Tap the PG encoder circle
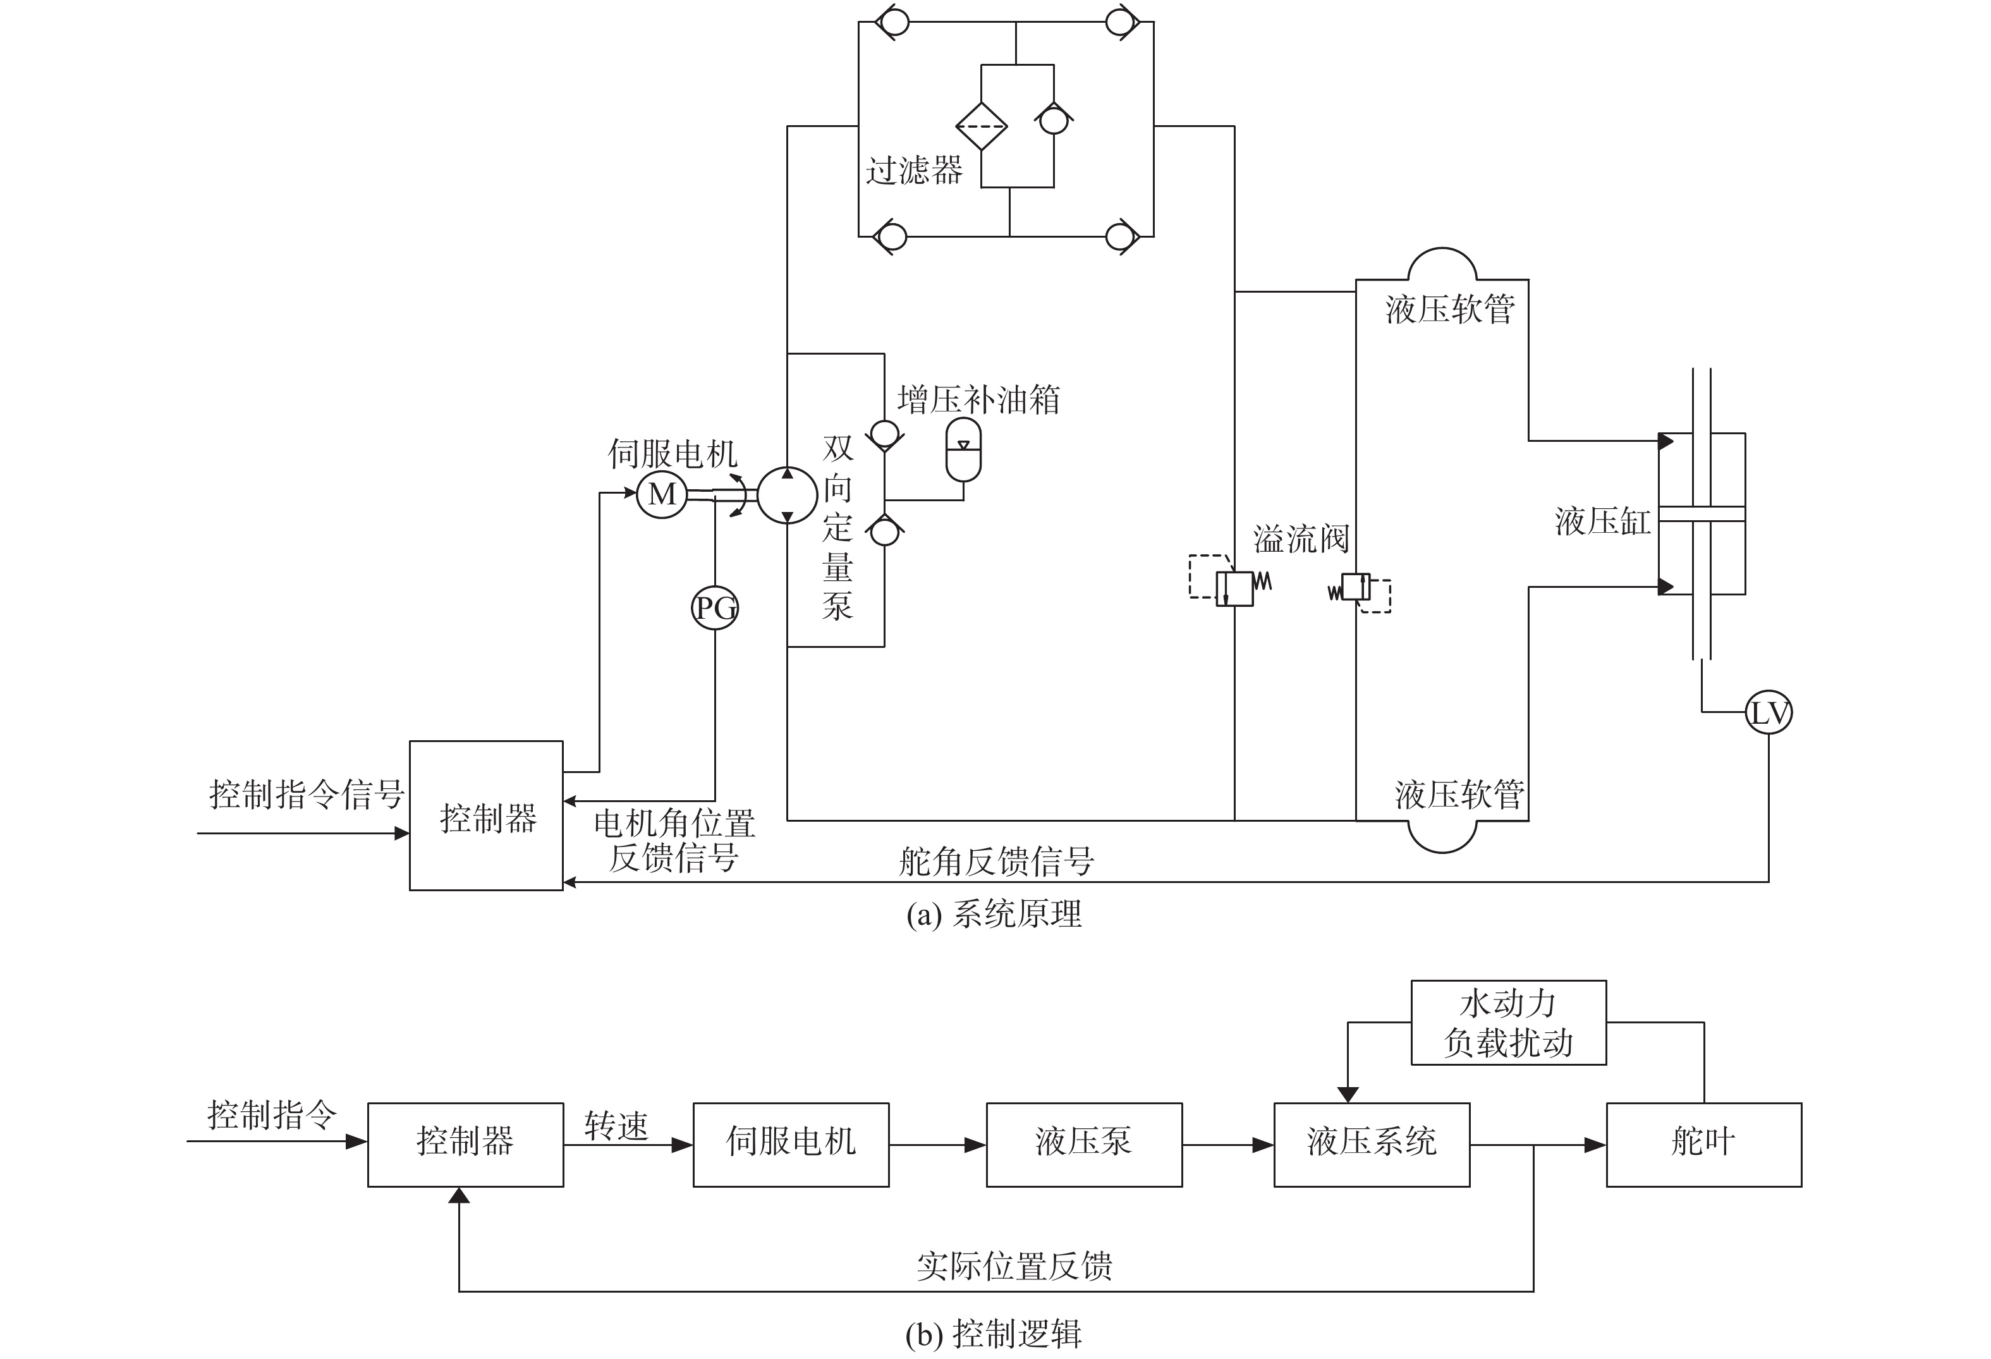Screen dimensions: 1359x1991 (x=714, y=608)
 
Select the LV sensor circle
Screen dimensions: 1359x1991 (x=1769, y=712)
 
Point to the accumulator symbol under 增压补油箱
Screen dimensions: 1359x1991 (x=963, y=451)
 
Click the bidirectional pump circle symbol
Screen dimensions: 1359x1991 (x=788, y=496)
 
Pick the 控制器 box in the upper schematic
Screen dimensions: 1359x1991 (x=487, y=816)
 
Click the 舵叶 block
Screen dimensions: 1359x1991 (x=1703, y=1144)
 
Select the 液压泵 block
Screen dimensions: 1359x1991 (x=1084, y=1144)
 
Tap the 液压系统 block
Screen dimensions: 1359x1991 (x=1372, y=1144)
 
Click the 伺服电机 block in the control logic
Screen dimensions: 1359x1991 (x=791, y=1144)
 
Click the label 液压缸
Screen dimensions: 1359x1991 (x=1602, y=521)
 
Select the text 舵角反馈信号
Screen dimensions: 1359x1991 (x=996, y=861)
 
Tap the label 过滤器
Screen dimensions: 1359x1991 (x=914, y=169)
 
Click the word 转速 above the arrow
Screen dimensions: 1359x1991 (x=616, y=1126)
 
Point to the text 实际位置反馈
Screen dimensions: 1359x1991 (x=1014, y=1265)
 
